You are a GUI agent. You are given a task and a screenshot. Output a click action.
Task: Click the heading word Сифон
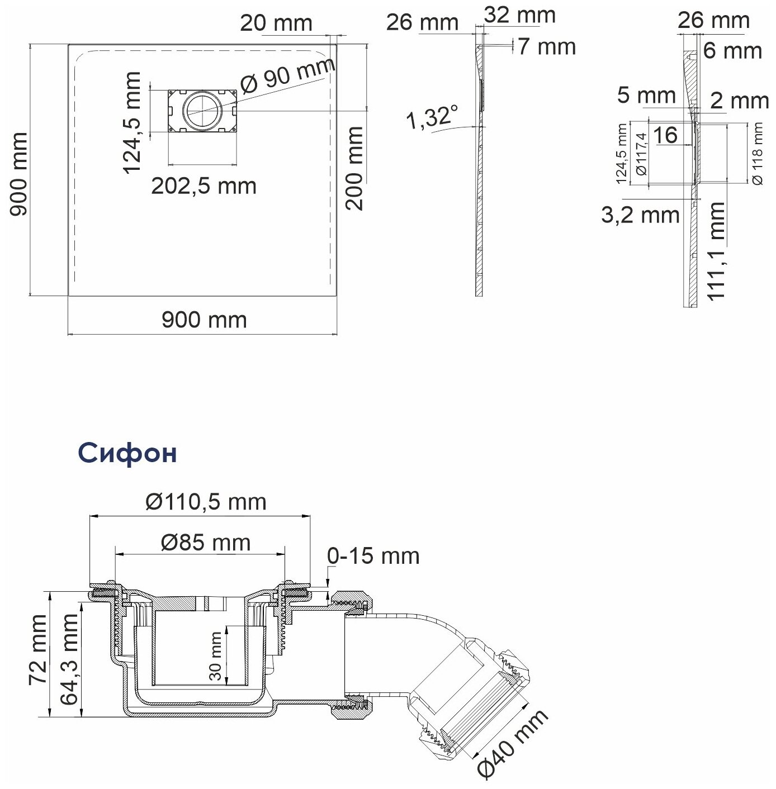[127, 453]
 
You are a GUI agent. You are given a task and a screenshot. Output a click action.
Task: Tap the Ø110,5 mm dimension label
[206, 502]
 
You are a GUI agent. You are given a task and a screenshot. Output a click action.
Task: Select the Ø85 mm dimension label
[206, 542]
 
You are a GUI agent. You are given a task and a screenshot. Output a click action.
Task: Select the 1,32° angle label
[428, 118]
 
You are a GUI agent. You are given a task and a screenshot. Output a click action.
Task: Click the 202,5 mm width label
[204, 186]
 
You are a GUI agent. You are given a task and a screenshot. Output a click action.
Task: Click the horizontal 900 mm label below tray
[204, 320]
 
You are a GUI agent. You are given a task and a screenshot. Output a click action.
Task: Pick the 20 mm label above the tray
[276, 23]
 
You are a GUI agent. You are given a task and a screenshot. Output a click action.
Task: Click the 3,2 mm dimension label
[640, 215]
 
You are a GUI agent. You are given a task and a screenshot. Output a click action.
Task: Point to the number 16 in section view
[665, 135]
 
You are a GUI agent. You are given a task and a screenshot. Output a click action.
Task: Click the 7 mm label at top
[546, 46]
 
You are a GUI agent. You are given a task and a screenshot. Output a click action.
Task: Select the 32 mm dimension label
[519, 15]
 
